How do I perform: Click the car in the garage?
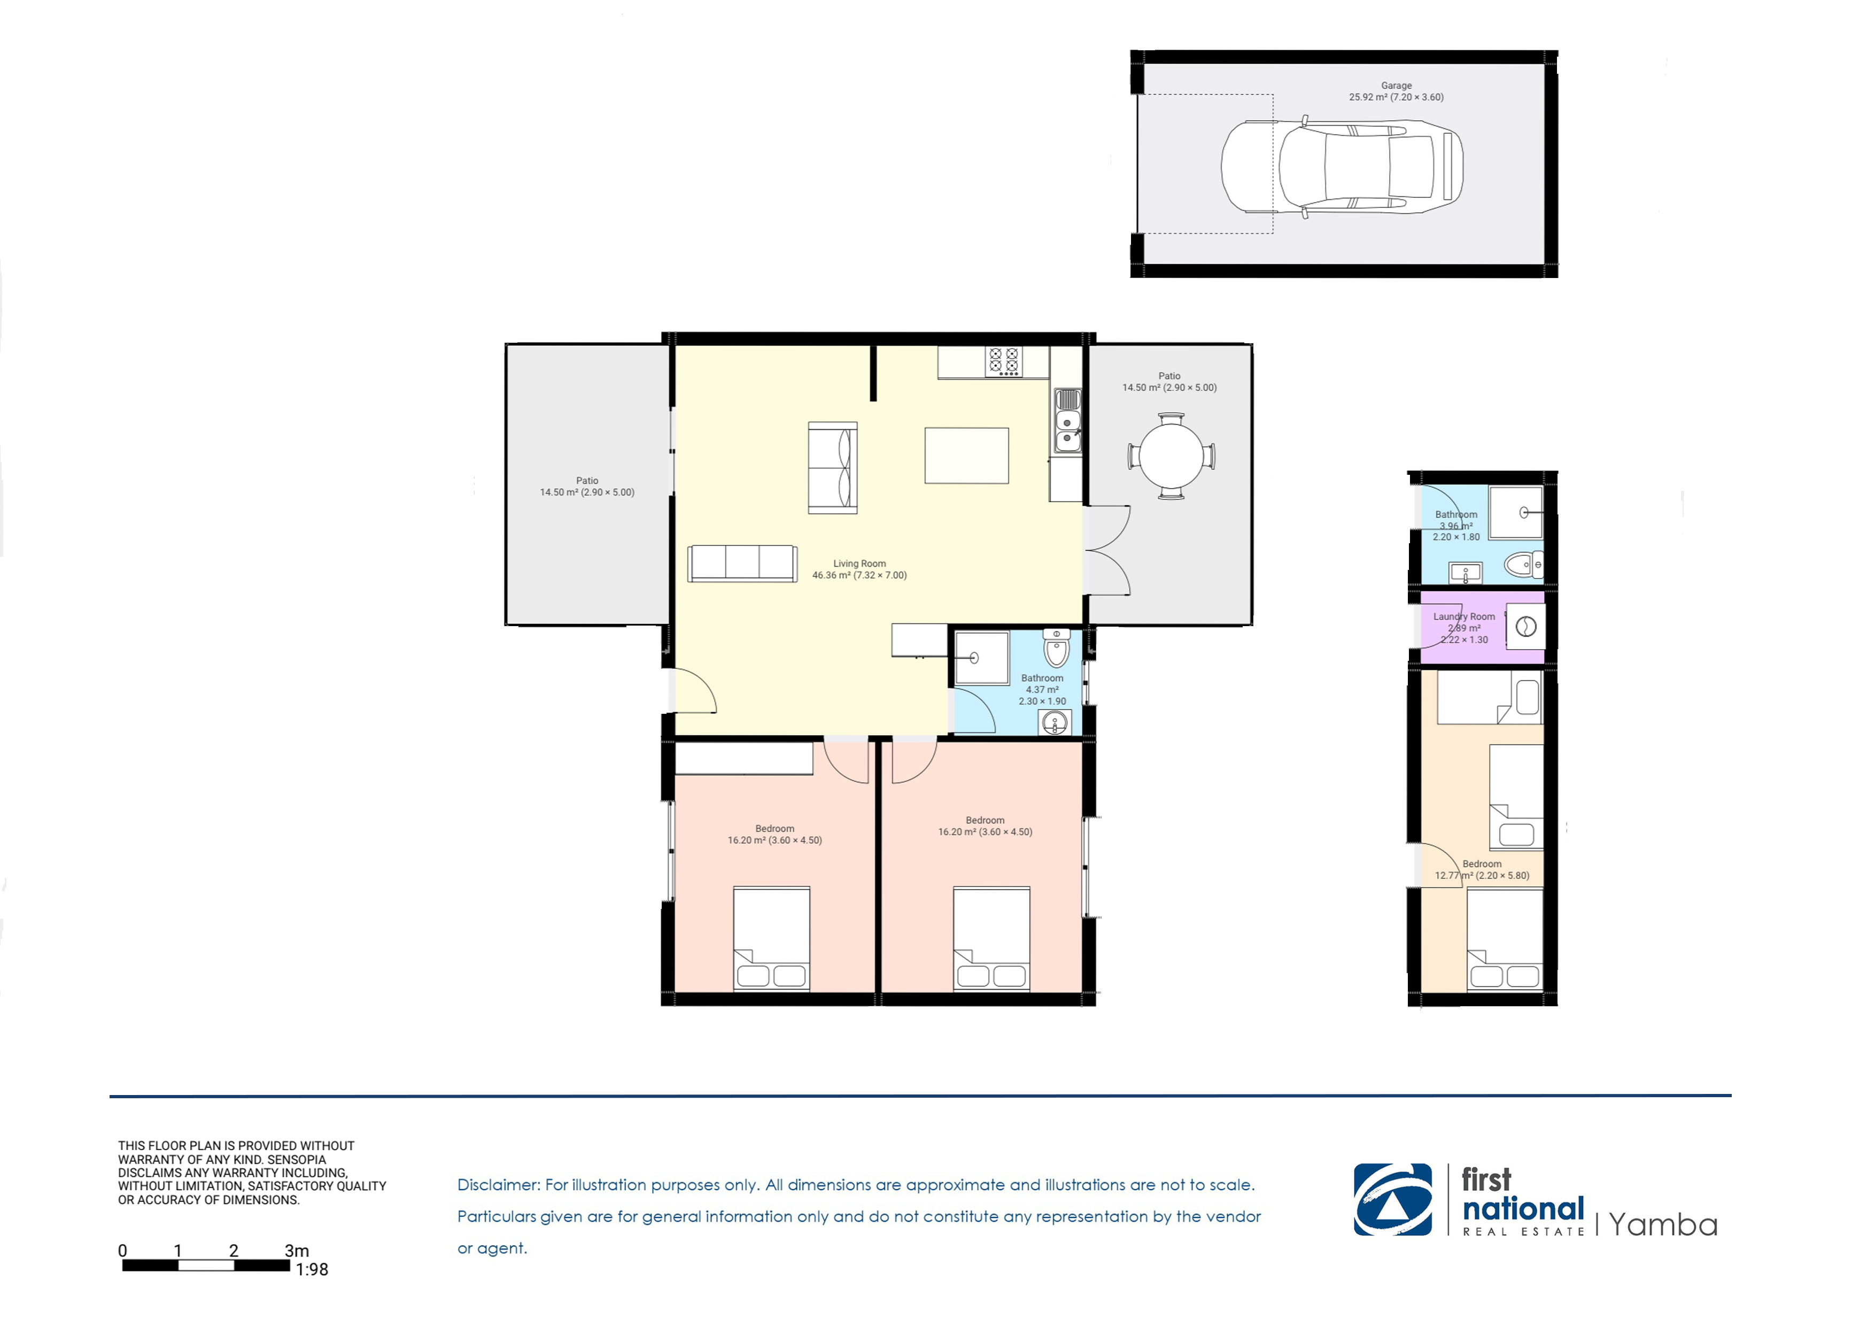point(1342,167)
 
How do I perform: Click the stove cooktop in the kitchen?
point(1004,361)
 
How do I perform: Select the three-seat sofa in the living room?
point(742,564)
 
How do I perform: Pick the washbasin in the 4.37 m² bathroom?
point(1055,722)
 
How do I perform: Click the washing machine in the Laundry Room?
point(1525,627)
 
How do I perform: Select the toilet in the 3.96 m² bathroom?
point(1524,564)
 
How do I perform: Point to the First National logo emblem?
point(1392,1199)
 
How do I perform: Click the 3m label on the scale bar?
point(297,1250)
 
